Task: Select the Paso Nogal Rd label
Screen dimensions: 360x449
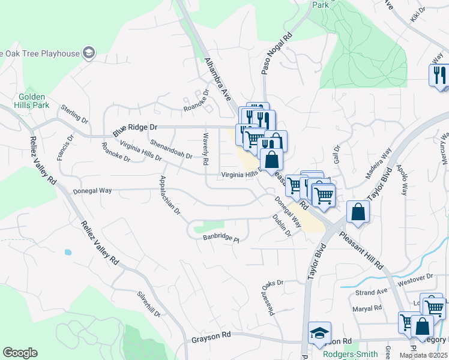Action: (268, 53)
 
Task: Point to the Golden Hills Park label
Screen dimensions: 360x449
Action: (33, 100)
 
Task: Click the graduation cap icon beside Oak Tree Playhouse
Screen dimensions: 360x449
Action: (89, 53)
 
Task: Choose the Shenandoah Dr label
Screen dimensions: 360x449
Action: (171, 149)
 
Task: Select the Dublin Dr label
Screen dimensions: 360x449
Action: (281, 226)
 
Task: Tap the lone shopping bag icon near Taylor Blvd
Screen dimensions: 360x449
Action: (358, 213)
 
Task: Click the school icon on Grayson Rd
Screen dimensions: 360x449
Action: (319, 334)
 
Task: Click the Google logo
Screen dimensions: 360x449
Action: (20, 353)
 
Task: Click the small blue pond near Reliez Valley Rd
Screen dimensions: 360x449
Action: (67, 252)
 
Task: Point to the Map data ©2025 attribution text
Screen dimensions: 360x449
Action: (423, 355)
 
